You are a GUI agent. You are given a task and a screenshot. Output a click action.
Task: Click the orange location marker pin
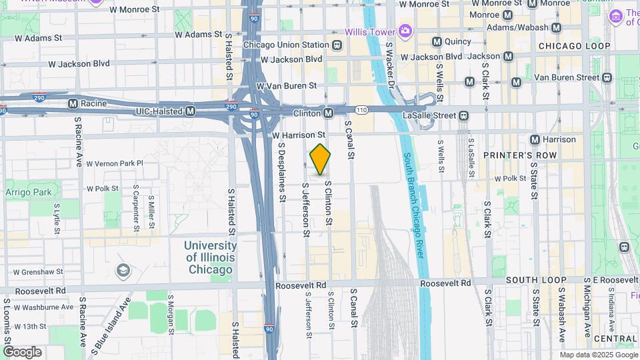[320, 159]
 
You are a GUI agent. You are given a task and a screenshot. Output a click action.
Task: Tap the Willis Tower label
[370, 31]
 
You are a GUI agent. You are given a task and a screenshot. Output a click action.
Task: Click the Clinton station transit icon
[328, 114]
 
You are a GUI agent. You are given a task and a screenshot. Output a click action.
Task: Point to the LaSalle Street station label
[429, 115]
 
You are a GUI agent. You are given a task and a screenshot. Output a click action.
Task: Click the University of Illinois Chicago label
[209, 257]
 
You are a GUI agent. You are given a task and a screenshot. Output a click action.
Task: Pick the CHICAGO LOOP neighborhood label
[574, 46]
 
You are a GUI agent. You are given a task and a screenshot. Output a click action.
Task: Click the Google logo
[22, 352]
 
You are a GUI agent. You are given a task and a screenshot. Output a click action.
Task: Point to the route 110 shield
[361, 109]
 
